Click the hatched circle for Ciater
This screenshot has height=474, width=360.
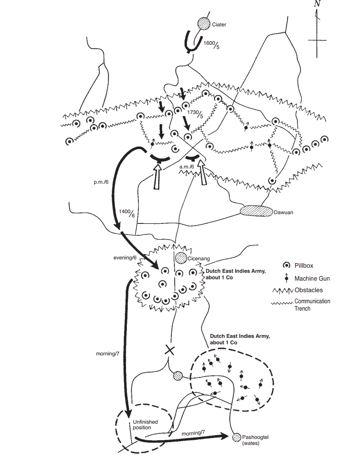(x=204, y=24)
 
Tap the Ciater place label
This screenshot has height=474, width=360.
(x=219, y=24)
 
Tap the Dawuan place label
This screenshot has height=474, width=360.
(x=284, y=213)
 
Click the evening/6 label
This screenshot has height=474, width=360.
(x=126, y=257)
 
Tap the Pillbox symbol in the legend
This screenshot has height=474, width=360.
(x=287, y=265)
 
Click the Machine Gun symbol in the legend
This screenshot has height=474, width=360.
(x=287, y=278)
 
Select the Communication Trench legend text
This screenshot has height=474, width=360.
(x=312, y=305)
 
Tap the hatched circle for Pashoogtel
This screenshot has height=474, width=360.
(x=237, y=437)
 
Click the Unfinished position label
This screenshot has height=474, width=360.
(x=145, y=425)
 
